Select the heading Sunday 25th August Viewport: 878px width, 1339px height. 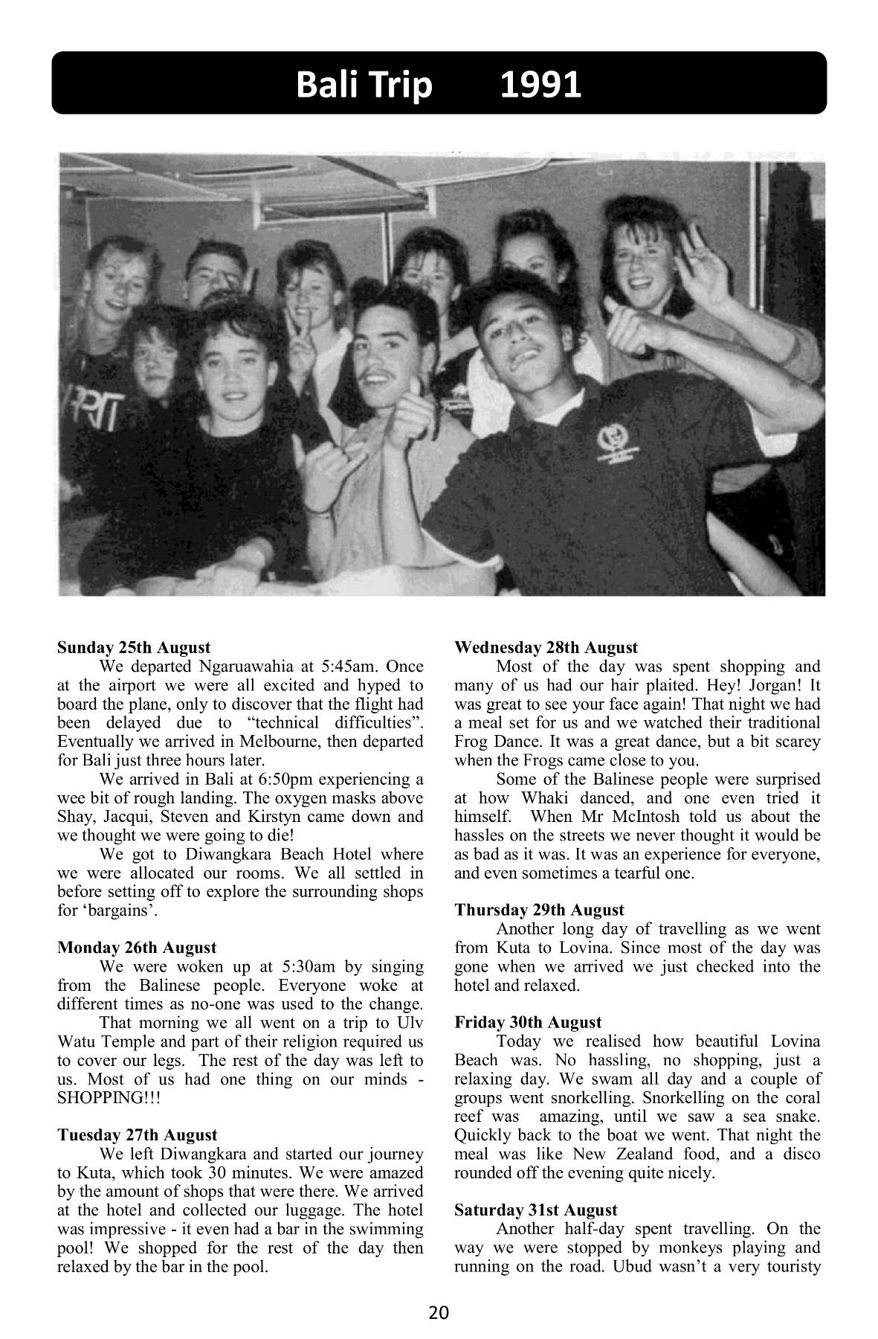[x=134, y=647]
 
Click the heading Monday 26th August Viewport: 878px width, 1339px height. [x=137, y=948]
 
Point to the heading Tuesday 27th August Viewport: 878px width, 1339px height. [x=138, y=1135]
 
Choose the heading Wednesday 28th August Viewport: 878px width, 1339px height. [x=546, y=647]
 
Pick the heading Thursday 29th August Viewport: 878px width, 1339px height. [x=539, y=910]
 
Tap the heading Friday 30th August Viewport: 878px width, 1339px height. [x=528, y=1022]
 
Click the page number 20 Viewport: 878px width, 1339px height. [x=439, y=1312]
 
